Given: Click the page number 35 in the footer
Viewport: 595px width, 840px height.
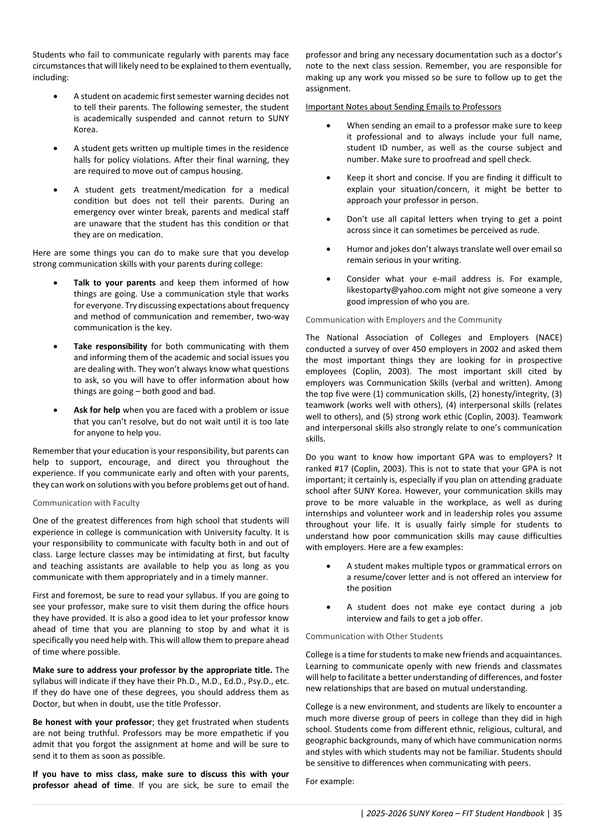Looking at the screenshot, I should tap(557, 813).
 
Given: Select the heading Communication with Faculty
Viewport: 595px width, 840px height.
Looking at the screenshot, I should tap(86, 503).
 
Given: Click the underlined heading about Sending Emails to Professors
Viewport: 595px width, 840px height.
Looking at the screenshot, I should tap(403, 107).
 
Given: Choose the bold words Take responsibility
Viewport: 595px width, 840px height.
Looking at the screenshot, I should tap(110, 346).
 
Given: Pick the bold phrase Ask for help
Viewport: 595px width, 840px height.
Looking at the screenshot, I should tap(96, 410).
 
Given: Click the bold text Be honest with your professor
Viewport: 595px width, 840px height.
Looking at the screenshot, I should tap(92, 722).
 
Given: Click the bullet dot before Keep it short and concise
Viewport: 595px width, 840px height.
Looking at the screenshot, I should tap(329, 178).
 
